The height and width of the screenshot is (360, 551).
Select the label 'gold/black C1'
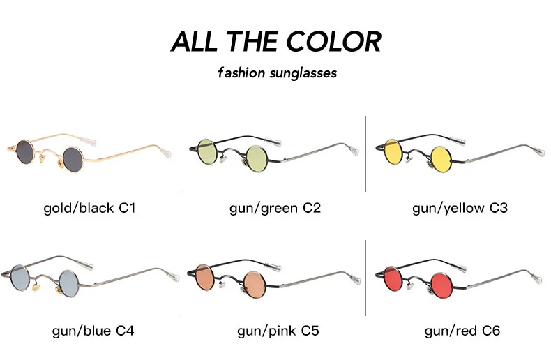pos(89,208)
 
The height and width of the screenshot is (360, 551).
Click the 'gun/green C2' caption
pos(275,208)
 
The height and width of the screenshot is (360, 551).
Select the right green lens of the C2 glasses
pos(255,153)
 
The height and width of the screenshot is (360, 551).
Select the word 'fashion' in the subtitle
pos(241,73)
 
